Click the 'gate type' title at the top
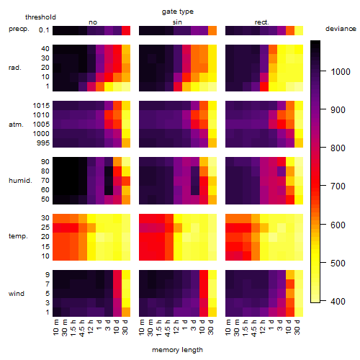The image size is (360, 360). tap(178, 12)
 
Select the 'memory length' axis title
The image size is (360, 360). tap(177, 350)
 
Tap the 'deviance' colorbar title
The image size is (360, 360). tap(341, 29)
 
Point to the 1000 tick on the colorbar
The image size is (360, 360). tap(341, 71)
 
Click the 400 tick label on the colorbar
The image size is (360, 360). tap(338, 301)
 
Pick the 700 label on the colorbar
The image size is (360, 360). tap(338, 186)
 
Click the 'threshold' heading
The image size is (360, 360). tap(40, 17)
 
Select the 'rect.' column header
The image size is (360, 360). tap(262, 22)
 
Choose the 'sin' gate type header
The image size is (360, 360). tap(177, 22)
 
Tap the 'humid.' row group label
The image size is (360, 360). tap(20, 181)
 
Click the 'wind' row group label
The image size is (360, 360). tap(17, 294)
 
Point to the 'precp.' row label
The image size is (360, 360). tap(19, 29)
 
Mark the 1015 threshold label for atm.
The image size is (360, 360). tap(41, 106)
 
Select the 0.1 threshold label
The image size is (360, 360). tap(44, 30)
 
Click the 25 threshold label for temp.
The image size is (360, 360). tap(45, 227)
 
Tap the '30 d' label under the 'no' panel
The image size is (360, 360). tap(125, 327)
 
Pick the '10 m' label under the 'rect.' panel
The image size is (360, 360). tap(228, 328)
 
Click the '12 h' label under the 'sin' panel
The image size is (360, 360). tap(176, 327)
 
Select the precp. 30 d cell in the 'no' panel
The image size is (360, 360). tap(126, 30)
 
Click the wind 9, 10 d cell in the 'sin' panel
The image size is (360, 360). tap(204, 275)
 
